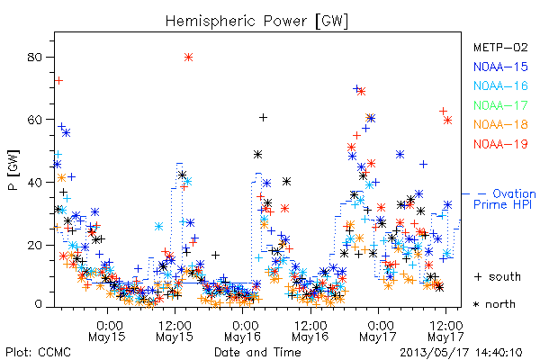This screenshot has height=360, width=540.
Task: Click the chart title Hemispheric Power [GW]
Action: [x=256, y=22]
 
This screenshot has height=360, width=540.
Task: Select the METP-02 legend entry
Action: [x=500, y=47]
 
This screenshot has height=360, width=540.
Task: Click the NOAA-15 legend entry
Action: [x=500, y=67]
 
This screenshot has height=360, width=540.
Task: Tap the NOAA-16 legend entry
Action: [x=500, y=85]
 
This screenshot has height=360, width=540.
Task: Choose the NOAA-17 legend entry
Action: [x=500, y=105]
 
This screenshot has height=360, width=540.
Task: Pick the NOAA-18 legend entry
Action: [x=500, y=124]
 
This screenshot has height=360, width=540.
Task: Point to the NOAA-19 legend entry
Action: [x=500, y=144]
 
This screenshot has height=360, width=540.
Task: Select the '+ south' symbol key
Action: [x=498, y=276]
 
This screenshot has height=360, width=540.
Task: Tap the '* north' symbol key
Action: [x=494, y=304]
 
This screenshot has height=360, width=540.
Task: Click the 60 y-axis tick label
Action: [x=34, y=120]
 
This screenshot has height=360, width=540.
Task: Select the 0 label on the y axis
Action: [x=38, y=304]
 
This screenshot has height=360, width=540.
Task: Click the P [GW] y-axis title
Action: [x=13, y=170]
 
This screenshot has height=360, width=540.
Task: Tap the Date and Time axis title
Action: [x=257, y=352]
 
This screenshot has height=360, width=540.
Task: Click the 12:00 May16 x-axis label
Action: [x=310, y=330]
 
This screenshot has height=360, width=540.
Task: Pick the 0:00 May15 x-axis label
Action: [x=107, y=330]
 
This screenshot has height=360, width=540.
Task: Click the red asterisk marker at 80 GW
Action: [x=188, y=58]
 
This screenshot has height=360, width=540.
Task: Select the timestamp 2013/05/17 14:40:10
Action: [x=461, y=353]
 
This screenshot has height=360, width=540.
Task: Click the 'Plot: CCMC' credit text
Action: [x=38, y=352]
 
